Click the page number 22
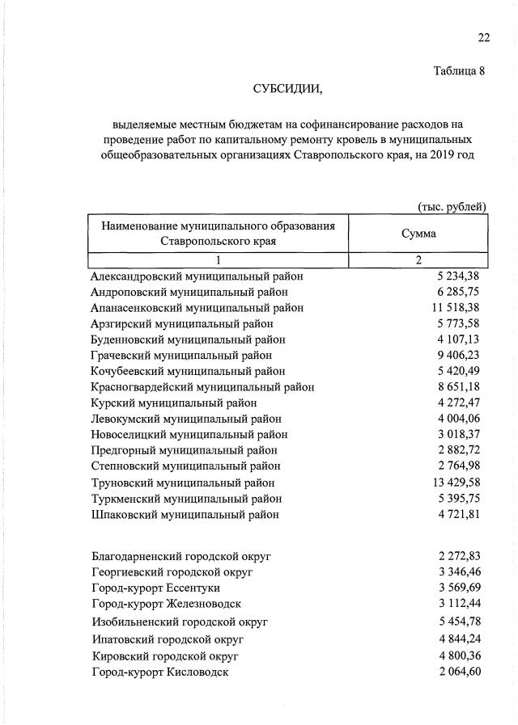483,37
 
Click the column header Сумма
418,234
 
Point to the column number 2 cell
418,260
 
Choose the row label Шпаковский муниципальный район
185,514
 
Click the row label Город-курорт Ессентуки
159,588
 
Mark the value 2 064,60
459,672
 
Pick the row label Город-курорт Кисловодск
160,672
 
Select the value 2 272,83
459,556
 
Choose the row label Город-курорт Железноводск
167,604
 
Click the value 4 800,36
459,655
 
